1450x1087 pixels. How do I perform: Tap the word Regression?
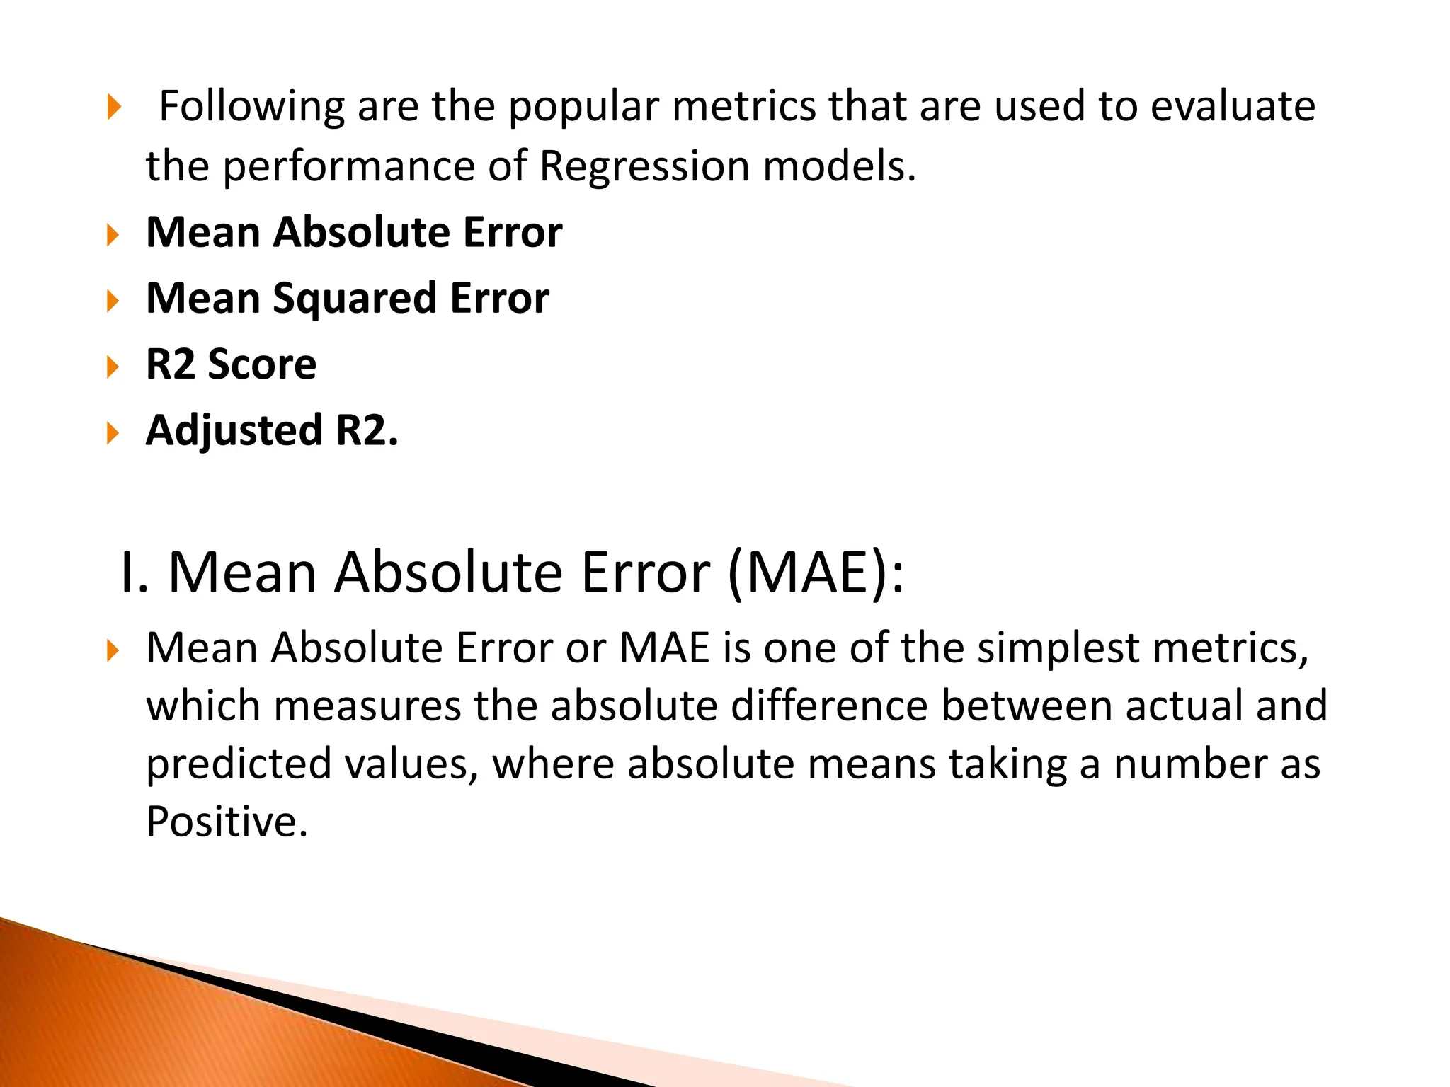coord(644,166)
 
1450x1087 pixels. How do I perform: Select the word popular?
coord(584,107)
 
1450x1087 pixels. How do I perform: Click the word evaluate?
coord(1233,107)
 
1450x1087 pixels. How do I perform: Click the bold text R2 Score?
coord(231,364)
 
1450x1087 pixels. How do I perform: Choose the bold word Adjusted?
coord(234,430)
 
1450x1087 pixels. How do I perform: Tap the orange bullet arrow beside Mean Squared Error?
coord(113,301)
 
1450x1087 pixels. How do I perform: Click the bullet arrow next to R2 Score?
coord(113,367)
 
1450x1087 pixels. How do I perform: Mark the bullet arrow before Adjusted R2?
coord(113,432)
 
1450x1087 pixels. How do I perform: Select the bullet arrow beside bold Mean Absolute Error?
coord(113,235)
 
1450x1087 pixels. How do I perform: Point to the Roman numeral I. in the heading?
coord(135,572)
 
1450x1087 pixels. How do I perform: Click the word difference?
coord(829,706)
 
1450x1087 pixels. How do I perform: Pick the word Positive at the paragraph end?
coord(227,822)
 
